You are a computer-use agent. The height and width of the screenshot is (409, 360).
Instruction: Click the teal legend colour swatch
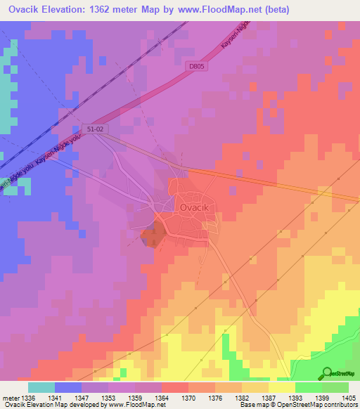[41, 387]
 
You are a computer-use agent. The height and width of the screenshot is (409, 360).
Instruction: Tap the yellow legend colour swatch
[281, 387]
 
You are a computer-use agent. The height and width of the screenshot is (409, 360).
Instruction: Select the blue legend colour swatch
[68, 387]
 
